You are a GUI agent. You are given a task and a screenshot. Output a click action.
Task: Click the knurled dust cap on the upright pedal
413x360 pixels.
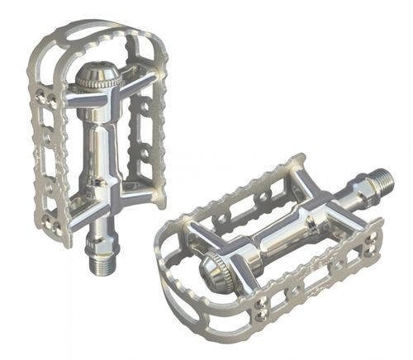point(97,78)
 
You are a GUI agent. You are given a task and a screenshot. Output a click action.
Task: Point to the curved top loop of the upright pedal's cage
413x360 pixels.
point(91,29)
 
